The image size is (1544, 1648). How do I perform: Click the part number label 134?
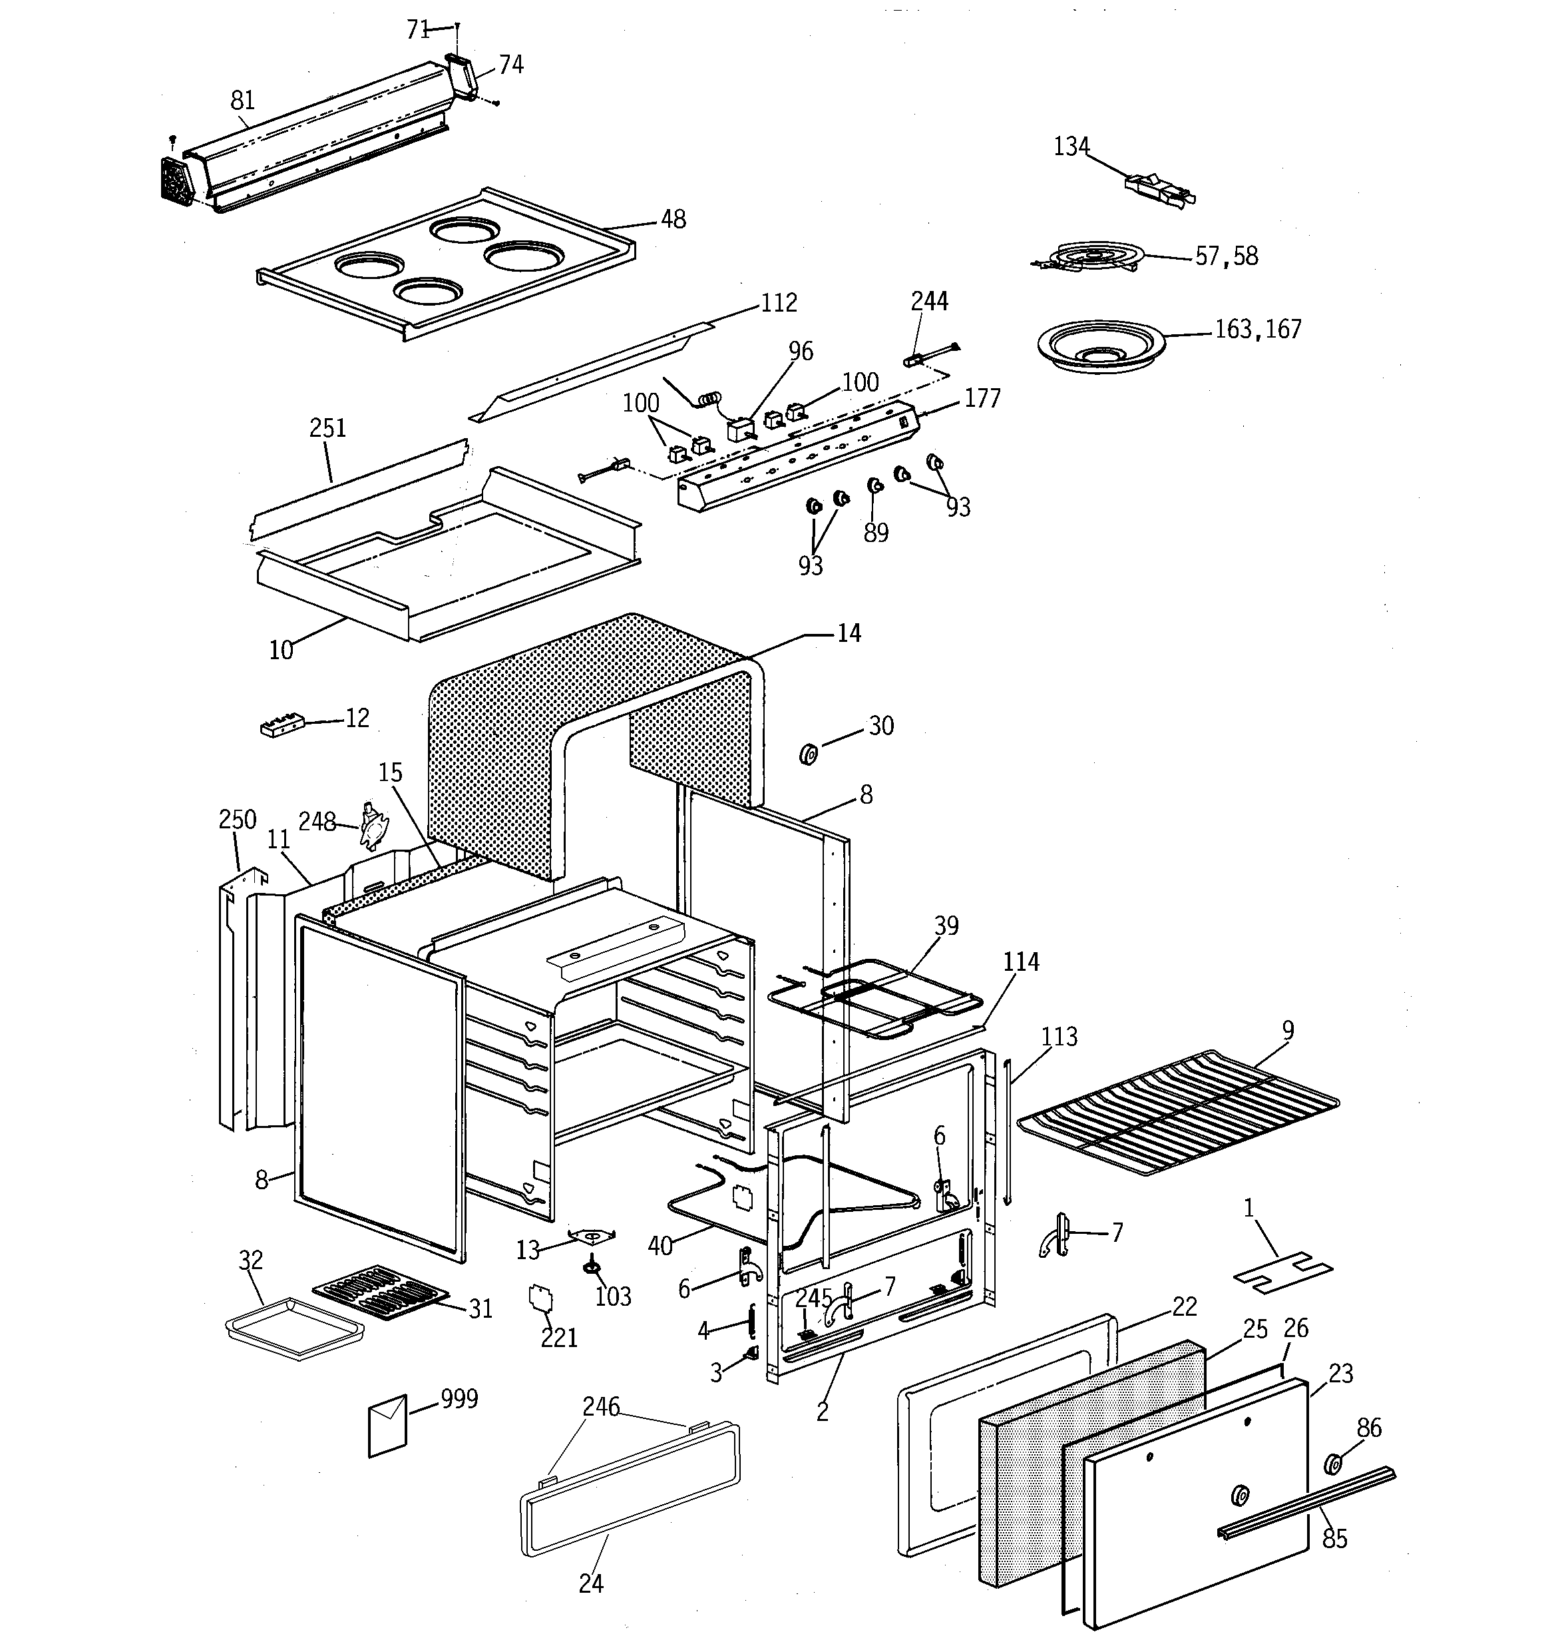click(1070, 146)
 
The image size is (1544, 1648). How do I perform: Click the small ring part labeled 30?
click(808, 754)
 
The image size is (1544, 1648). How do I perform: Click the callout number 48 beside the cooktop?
click(673, 220)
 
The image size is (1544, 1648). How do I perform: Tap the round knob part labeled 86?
click(1334, 1464)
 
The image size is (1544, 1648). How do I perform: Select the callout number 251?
click(327, 429)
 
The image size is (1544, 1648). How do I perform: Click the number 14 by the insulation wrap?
click(849, 633)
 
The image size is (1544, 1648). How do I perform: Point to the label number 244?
click(929, 301)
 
